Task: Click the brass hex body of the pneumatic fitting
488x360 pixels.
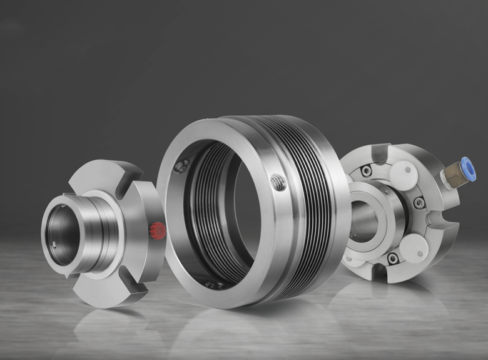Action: (x=450, y=175)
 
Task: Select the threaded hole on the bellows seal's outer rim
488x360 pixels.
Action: (x=278, y=183)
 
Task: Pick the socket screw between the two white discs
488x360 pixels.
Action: (x=419, y=202)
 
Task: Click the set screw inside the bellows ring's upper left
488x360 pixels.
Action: (x=182, y=167)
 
